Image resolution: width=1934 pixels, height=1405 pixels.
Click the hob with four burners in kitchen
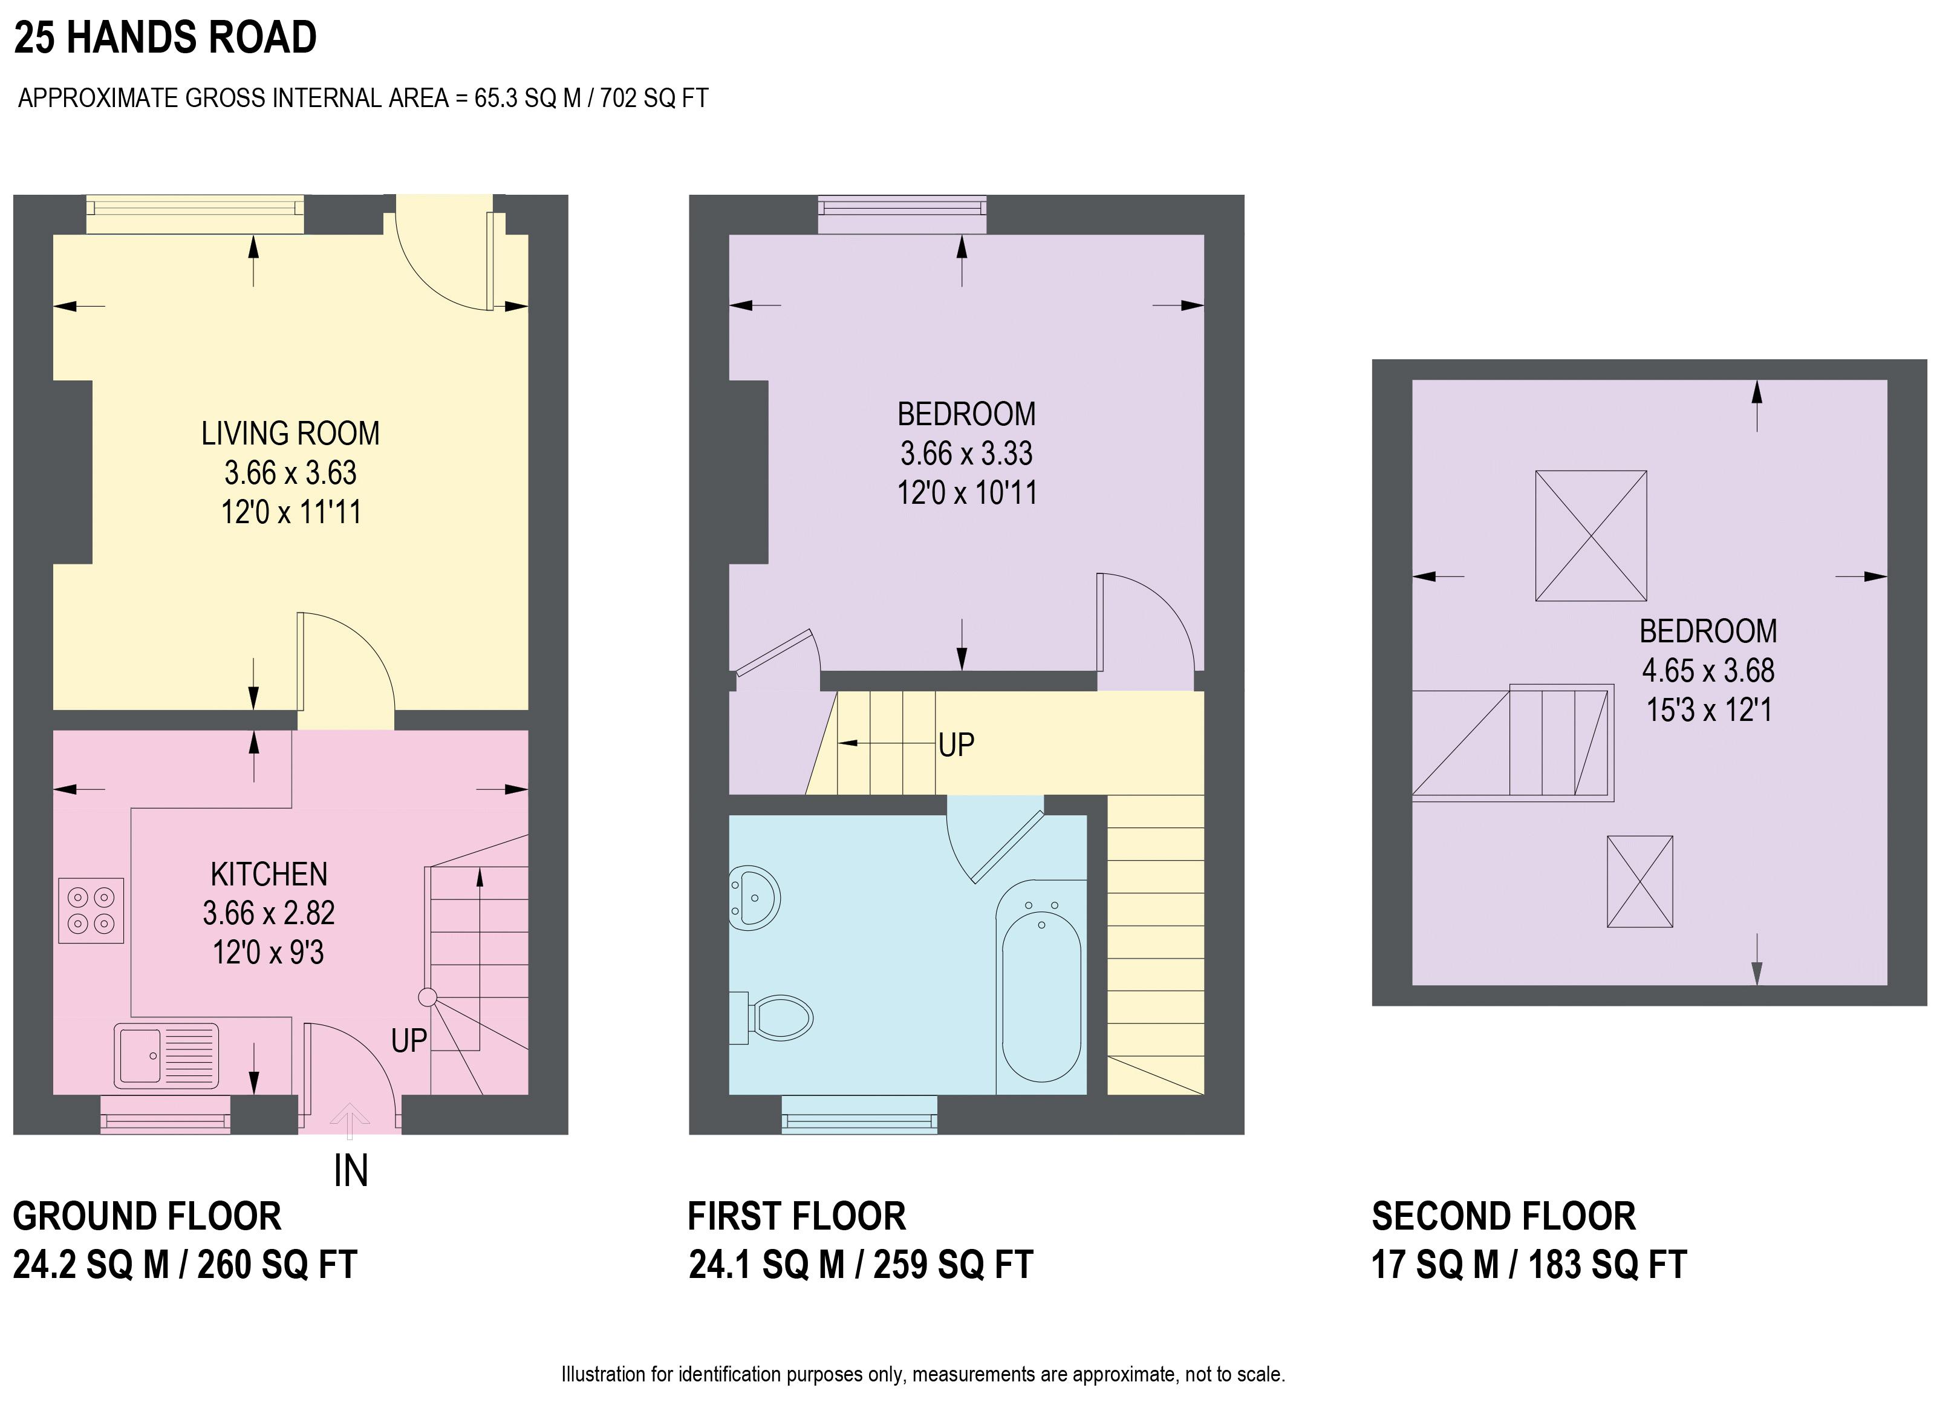point(91,910)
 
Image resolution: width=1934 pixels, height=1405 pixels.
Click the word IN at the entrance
point(351,1172)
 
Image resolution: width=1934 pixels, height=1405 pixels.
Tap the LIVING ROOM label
point(290,434)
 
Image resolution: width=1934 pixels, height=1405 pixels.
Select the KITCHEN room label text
point(269,875)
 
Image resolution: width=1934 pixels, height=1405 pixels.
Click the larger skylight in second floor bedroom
point(1591,536)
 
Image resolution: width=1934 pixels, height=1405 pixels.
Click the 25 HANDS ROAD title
point(166,37)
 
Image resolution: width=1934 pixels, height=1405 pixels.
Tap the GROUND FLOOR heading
point(147,1216)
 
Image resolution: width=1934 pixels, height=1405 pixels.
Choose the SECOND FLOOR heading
point(1503,1216)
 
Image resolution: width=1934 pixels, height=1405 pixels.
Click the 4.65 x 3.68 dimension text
point(1707,671)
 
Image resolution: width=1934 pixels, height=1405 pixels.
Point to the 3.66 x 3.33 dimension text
point(966,453)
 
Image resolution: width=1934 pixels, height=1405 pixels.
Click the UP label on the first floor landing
point(956,745)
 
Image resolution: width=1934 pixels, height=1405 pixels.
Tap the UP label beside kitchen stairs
point(408,1041)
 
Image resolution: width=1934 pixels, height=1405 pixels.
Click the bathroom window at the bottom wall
point(859,1114)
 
